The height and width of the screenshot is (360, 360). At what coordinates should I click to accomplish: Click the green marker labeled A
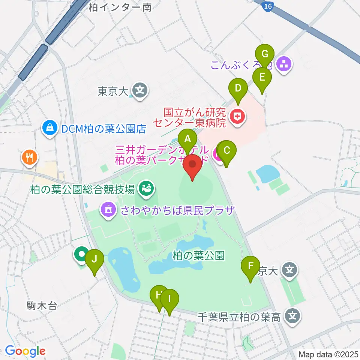(187, 140)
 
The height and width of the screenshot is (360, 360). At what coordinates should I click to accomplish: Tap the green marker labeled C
(227, 151)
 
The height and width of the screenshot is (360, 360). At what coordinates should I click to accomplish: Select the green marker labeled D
(238, 88)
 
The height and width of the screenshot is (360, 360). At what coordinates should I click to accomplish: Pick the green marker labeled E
(262, 78)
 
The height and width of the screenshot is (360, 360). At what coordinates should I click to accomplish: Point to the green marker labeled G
(265, 54)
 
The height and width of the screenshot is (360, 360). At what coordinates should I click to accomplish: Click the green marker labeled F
(250, 267)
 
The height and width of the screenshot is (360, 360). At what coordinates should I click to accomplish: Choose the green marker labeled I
(169, 300)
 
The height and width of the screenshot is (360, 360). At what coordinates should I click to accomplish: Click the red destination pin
(193, 165)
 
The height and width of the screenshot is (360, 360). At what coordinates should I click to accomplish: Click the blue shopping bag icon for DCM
(49, 129)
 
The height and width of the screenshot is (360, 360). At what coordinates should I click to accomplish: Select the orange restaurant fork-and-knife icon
(30, 157)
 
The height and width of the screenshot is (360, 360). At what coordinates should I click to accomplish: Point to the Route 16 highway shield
(267, 6)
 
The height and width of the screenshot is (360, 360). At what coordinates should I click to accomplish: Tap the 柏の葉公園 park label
(198, 256)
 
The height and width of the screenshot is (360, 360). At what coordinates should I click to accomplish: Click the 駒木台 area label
(42, 306)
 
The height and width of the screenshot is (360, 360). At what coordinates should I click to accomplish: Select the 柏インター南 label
(120, 7)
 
